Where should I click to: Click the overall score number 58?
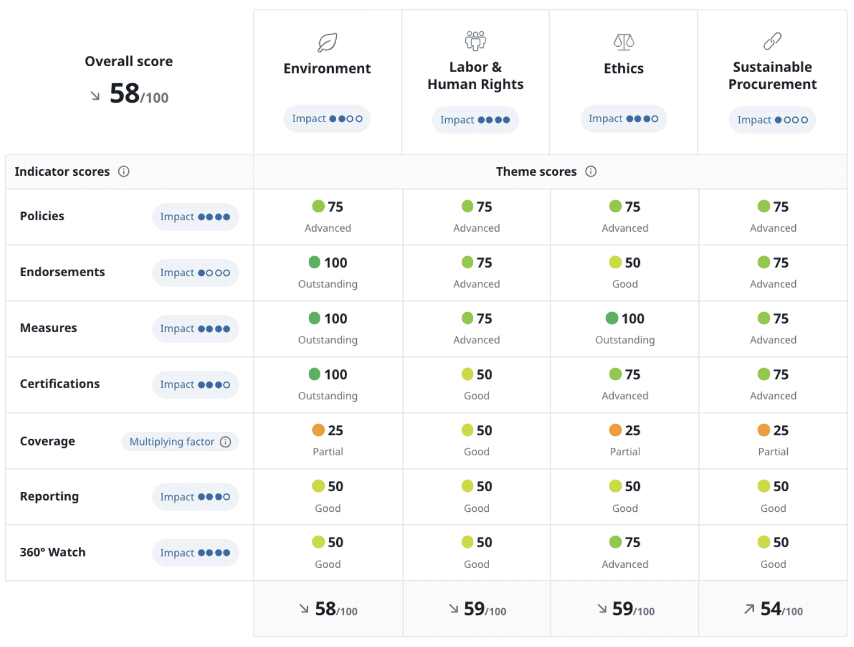tap(125, 94)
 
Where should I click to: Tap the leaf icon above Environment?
tap(327, 42)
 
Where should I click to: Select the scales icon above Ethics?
tap(624, 42)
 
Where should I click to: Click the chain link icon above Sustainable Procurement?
tap(772, 41)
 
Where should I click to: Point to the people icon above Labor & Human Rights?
tap(475, 41)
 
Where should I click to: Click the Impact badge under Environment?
tap(327, 119)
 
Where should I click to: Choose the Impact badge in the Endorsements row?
tap(195, 273)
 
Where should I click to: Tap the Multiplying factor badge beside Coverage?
tap(180, 442)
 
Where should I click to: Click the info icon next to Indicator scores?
tap(124, 172)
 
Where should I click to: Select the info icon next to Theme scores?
tap(591, 172)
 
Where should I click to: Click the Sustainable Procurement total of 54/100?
tap(774, 609)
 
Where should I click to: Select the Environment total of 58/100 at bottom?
tap(329, 609)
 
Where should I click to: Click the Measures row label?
tap(49, 328)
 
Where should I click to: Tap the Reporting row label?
tap(50, 496)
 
